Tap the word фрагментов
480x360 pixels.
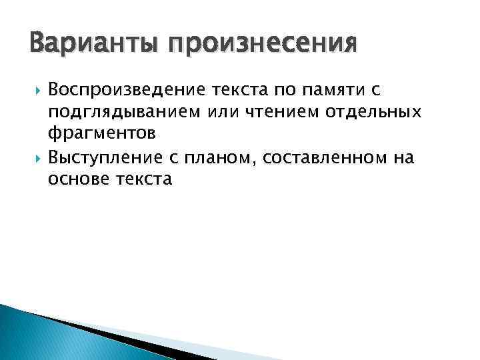103,134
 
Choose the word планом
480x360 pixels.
226,157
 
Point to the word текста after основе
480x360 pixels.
145,179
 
